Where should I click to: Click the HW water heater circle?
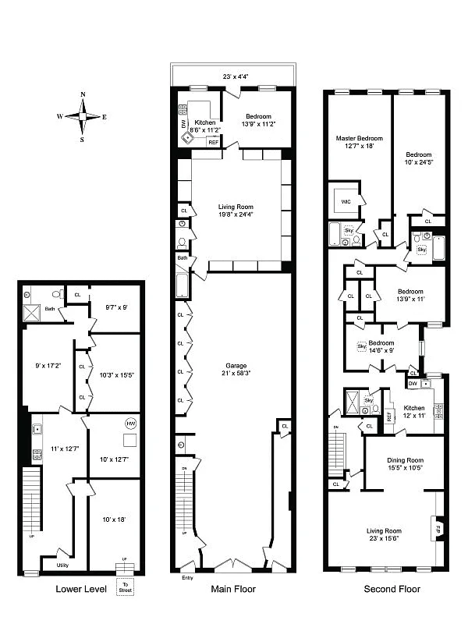[129, 424]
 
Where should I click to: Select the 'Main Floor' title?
[232, 589]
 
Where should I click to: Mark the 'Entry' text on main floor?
[187, 578]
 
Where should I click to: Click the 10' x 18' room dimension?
[115, 520]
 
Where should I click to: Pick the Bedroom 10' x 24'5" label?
[418, 158]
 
